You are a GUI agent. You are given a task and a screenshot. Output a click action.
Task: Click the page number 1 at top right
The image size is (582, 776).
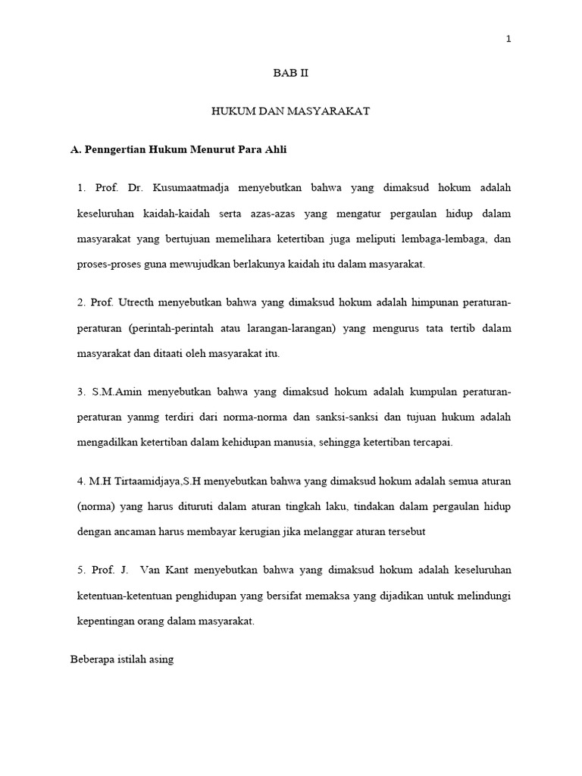coord(509,40)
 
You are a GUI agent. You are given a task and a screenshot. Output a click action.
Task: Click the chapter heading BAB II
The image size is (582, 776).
coord(290,74)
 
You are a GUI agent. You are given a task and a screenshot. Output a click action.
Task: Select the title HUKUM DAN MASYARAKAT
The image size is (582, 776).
coord(290,111)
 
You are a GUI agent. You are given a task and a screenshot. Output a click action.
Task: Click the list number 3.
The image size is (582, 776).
coord(80,393)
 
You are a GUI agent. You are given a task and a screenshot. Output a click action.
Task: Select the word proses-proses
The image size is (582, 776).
coord(105,264)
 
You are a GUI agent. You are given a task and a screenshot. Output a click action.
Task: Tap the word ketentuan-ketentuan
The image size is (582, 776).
coord(121,596)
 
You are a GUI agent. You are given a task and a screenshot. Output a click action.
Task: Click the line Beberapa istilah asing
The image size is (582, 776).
coord(122,659)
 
